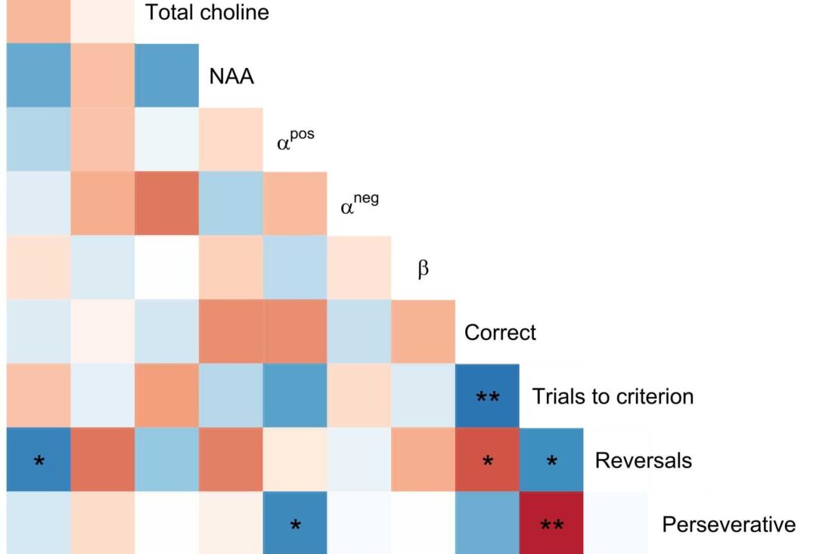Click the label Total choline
[206, 13]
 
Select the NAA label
[231, 76]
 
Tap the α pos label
[295, 141]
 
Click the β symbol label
[423, 269]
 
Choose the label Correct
[500, 333]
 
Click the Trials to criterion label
[612, 396]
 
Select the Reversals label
[643, 460]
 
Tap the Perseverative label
[728, 525]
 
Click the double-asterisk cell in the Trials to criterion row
[487, 396]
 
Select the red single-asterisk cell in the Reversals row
[487, 460]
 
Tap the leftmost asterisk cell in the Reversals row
[39, 460]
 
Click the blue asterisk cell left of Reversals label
[551, 460]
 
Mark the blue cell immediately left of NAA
[166, 76]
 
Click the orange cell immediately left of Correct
[423, 332]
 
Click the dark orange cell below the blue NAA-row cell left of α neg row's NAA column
[166, 203]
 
